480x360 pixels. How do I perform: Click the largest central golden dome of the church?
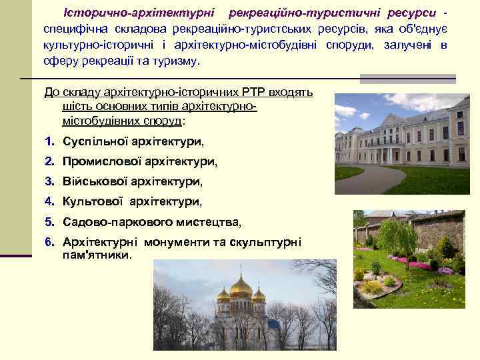pos(241,287)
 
